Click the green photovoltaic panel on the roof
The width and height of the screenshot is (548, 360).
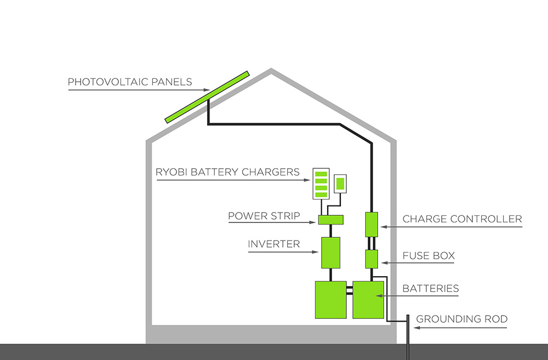click(207, 97)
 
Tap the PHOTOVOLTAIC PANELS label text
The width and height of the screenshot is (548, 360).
click(130, 82)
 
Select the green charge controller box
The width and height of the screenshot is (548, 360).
click(372, 224)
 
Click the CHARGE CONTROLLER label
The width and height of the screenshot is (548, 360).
click(462, 219)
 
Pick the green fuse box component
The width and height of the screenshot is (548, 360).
click(372, 259)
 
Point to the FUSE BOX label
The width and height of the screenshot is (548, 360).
click(429, 256)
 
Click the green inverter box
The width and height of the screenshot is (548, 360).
click(330, 252)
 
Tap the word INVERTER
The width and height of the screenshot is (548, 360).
click(273, 244)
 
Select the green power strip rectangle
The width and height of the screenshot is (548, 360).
click(330, 220)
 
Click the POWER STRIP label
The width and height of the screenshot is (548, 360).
click(264, 216)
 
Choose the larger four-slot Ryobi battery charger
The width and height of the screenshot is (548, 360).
click(321, 184)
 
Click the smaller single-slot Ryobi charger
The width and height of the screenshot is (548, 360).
click(340, 182)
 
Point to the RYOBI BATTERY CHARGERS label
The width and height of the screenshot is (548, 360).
click(227, 172)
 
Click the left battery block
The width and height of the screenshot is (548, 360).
click(330, 299)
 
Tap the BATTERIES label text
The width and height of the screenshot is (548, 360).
click(431, 288)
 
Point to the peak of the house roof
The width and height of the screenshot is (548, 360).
click(271, 71)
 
